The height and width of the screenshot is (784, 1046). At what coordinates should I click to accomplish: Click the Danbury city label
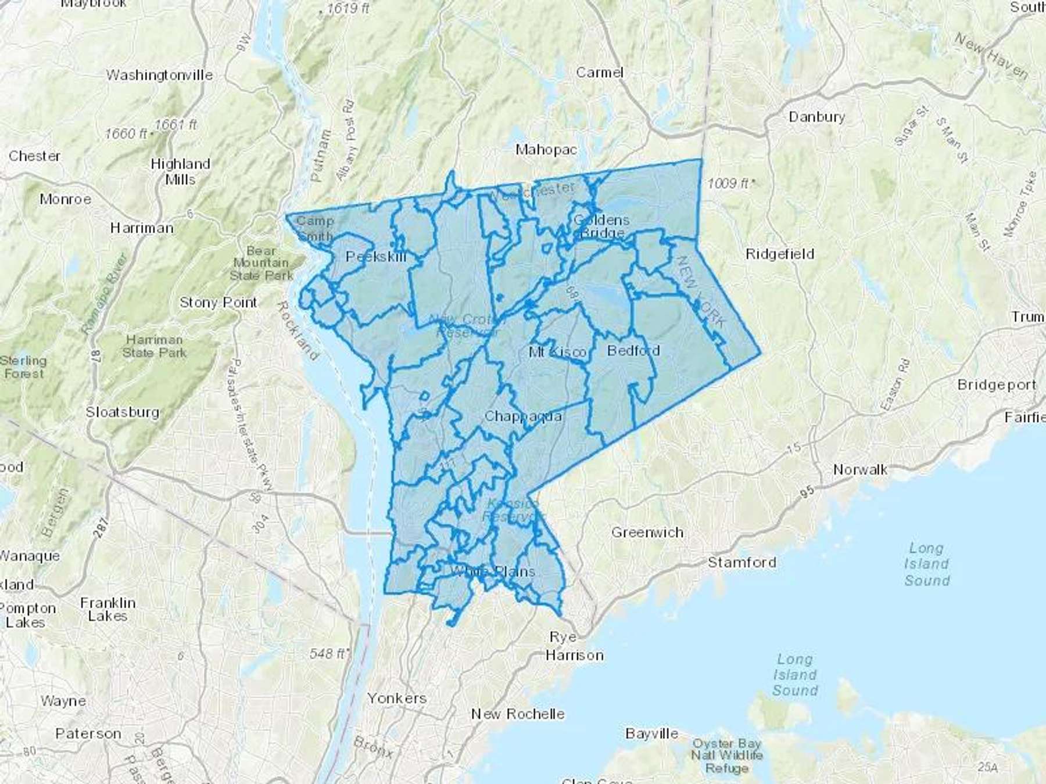pos(816,117)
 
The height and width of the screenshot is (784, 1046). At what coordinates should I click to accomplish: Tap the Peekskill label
pos(376,256)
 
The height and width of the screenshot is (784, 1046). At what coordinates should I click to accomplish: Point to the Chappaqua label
pos(523,416)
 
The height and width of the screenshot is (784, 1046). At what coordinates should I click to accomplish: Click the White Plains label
pos(492,571)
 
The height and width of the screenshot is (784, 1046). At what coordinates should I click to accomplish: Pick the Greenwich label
pos(647,532)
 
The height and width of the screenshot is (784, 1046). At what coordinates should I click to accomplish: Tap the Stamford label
pos(741,562)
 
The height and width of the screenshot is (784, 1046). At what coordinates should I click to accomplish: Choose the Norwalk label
pos(860,469)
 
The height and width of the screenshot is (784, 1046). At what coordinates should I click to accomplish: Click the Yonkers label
pos(397,697)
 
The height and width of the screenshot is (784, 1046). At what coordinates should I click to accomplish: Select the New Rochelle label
pos(517,713)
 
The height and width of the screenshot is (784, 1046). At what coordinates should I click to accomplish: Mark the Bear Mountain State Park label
pos(261,262)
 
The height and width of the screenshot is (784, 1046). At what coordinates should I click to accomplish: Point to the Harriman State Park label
pos(155,346)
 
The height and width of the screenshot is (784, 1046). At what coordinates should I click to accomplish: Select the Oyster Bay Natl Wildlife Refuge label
pos(726,755)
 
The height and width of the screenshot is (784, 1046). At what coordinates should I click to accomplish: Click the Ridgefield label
pos(780,254)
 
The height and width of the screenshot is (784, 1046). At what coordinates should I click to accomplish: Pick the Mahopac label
pos(546,149)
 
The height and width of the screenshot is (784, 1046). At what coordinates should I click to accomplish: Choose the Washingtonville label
pos(159,75)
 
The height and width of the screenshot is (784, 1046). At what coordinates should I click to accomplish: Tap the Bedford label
pos(633,350)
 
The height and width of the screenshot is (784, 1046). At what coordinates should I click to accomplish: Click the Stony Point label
pos(218,302)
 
